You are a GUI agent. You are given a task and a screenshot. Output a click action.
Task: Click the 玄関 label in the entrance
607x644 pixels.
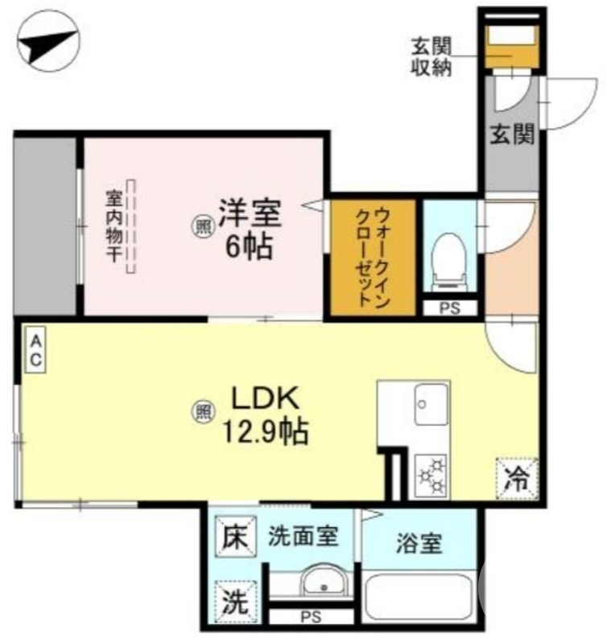(512, 135)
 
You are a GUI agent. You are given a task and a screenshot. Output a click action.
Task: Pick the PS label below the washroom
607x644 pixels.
(310, 618)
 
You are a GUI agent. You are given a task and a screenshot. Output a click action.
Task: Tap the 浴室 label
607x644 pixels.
(419, 543)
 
